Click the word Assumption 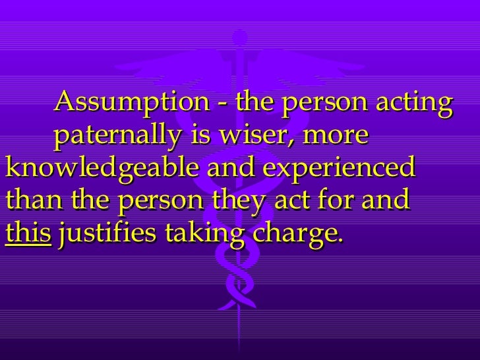[x=128, y=104]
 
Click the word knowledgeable [x=102, y=169]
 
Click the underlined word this [x=27, y=232]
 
